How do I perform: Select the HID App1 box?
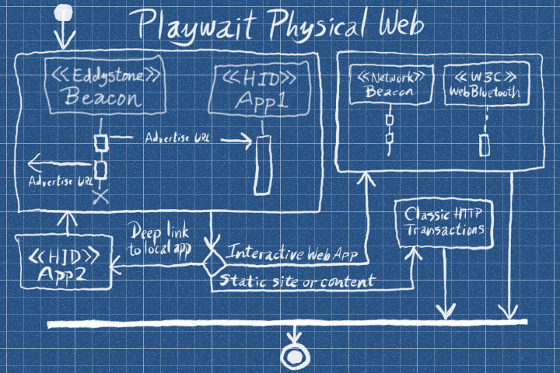pos(259,90)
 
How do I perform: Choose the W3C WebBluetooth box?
pos(485,85)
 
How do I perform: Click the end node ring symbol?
pos(295,356)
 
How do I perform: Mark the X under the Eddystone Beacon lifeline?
pos(100,197)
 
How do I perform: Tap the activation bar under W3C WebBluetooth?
pos(485,144)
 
